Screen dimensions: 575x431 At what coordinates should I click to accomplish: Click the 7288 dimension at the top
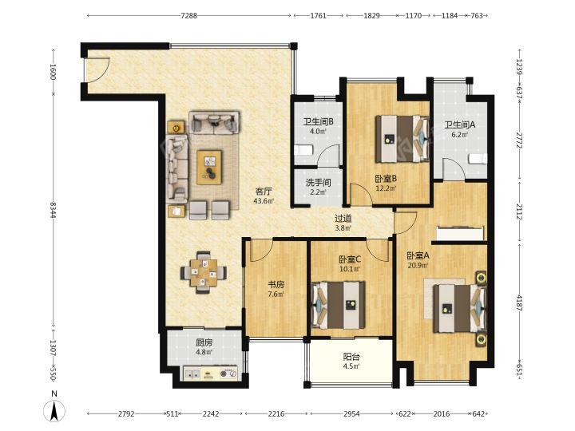point(188,16)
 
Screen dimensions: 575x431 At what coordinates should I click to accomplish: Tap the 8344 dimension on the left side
point(54,211)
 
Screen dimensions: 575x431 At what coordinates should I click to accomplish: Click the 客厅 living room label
point(264,192)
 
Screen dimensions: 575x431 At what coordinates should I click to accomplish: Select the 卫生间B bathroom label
point(318,121)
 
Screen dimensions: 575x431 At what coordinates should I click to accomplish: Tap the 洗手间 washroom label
point(318,183)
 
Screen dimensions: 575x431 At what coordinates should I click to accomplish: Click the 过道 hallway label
point(343,219)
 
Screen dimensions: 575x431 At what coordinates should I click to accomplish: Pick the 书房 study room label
point(276,284)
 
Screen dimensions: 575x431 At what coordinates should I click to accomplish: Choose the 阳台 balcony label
point(351,357)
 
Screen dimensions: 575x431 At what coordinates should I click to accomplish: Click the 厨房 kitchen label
point(204,343)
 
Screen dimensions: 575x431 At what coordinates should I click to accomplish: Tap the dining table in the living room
point(203,272)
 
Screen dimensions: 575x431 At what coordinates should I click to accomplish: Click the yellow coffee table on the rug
point(209,167)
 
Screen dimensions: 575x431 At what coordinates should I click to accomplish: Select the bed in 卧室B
point(402,139)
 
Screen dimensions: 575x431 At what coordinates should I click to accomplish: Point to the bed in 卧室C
point(338,305)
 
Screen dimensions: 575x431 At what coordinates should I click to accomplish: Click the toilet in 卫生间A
point(478,159)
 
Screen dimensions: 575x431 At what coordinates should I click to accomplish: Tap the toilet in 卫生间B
point(303,151)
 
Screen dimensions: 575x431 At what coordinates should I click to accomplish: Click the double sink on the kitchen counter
point(192,374)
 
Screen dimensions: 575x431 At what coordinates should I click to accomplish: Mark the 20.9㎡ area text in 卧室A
point(418,265)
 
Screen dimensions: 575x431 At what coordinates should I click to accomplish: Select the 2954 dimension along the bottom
point(351,413)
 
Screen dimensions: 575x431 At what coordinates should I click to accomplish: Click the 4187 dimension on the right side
point(520,302)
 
